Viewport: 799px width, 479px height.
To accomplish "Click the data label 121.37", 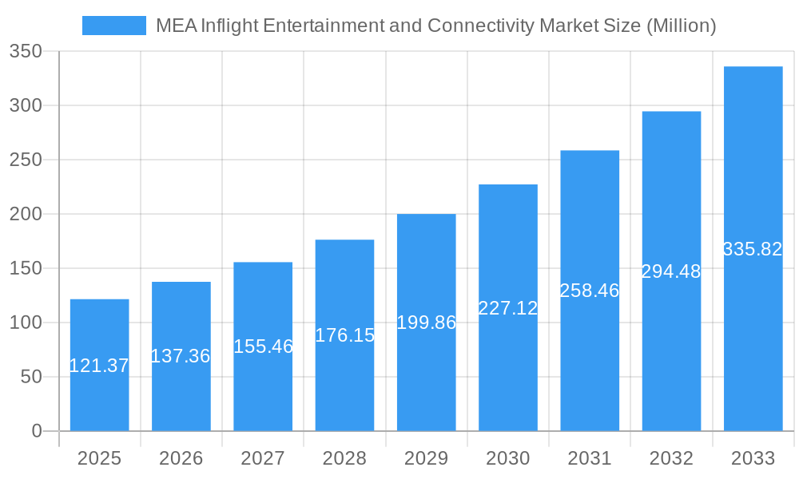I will [99, 366].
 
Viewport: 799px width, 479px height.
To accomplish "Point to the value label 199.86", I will [426, 323].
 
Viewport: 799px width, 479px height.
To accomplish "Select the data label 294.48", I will [671, 271].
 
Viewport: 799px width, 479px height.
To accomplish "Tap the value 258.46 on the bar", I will [590, 291].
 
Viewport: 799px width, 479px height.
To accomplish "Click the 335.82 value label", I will [753, 249].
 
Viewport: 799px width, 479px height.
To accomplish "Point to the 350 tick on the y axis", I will [26, 51].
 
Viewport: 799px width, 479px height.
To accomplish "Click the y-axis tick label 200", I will [26, 214].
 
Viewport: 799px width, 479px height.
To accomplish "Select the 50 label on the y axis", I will [30, 377].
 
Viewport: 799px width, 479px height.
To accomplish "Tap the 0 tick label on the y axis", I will [36, 431].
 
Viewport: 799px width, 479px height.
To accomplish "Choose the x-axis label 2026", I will [181, 458].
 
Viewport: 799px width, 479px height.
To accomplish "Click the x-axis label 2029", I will [426, 458].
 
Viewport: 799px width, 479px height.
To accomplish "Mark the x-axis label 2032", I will [671, 458].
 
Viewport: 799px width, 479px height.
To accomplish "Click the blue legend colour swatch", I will [114, 26].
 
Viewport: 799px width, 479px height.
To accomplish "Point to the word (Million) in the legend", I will [680, 26].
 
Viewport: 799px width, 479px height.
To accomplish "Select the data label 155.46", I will [263, 346].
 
